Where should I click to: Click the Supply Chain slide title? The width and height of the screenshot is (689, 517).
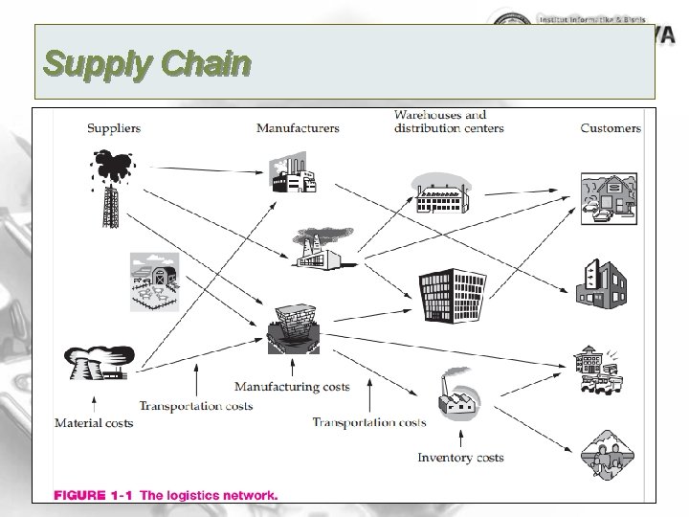147,65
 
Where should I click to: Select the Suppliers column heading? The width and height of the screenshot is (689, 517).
114,128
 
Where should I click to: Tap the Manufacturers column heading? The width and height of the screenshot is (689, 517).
298,128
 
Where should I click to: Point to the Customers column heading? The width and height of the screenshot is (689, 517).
611,128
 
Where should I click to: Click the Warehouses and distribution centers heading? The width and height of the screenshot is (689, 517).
449,122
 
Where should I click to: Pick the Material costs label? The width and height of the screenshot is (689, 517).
94,423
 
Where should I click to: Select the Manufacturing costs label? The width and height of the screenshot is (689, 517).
293,387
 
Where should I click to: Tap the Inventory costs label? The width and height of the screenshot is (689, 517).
460,458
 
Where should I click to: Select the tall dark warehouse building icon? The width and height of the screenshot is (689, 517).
452,295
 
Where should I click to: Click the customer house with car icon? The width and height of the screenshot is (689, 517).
609,197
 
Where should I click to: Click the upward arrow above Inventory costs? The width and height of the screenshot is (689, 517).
460,438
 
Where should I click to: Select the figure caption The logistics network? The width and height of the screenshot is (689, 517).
165,496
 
